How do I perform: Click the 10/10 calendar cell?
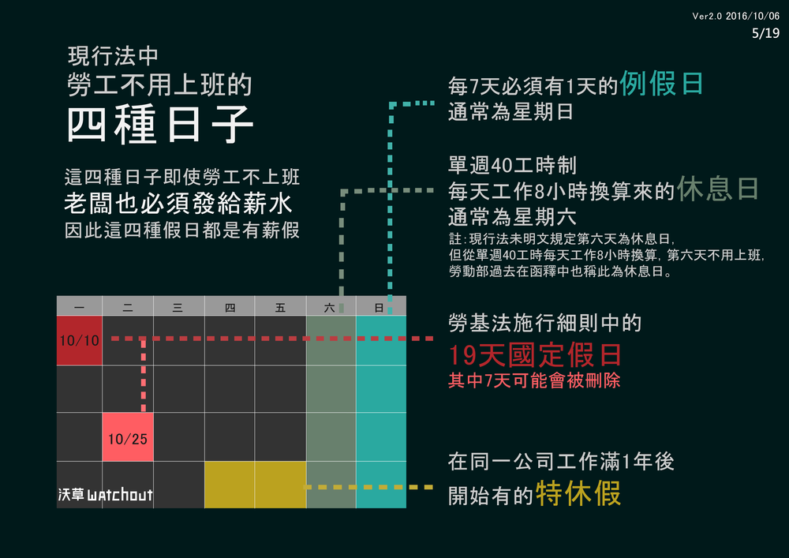pyautogui.click(x=80, y=340)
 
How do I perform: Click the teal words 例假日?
pyautogui.click(x=661, y=83)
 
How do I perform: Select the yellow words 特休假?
pyautogui.click(x=578, y=493)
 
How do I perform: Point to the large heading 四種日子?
pyautogui.click(x=160, y=125)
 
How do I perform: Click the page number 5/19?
pyautogui.click(x=765, y=33)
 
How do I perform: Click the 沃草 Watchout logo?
pyautogui.click(x=105, y=496)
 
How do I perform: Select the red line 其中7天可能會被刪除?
pyautogui.click(x=534, y=380)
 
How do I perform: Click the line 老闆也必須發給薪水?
pyautogui.click(x=178, y=204)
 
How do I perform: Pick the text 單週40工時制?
pyautogui.click(x=512, y=165)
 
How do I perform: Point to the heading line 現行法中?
pyautogui.click(x=114, y=57)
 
